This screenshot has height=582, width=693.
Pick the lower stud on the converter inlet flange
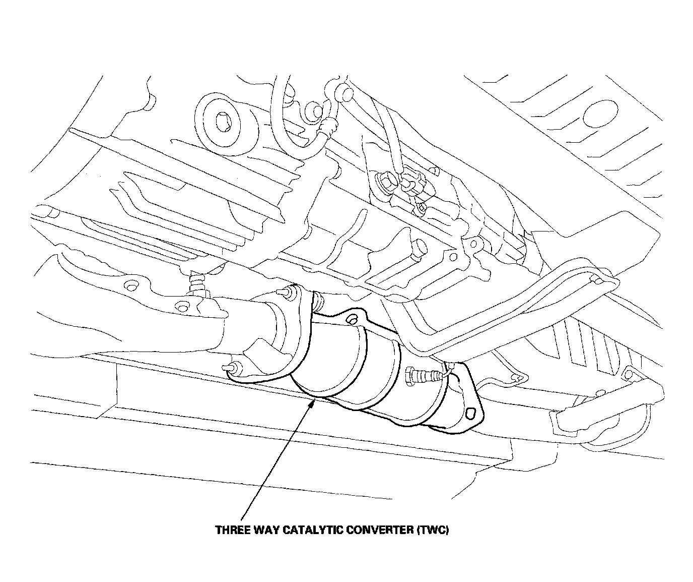pyautogui.click(x=231, y=367)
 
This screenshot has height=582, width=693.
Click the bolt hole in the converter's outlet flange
pyautogui.click(x=471, y=413)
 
